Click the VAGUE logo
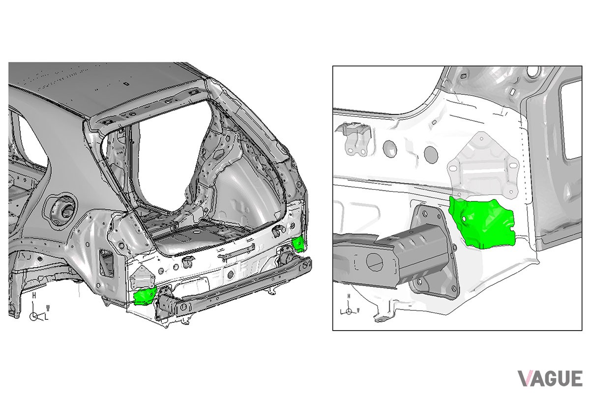point(550,378)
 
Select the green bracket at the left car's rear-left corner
point(145,297)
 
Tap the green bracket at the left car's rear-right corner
point(299,244)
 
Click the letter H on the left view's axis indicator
point(34,295)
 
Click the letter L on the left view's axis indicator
point(47,317)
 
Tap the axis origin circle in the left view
point(34,316)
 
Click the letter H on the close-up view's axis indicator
point(349,296)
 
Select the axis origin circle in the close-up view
point(349,311)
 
